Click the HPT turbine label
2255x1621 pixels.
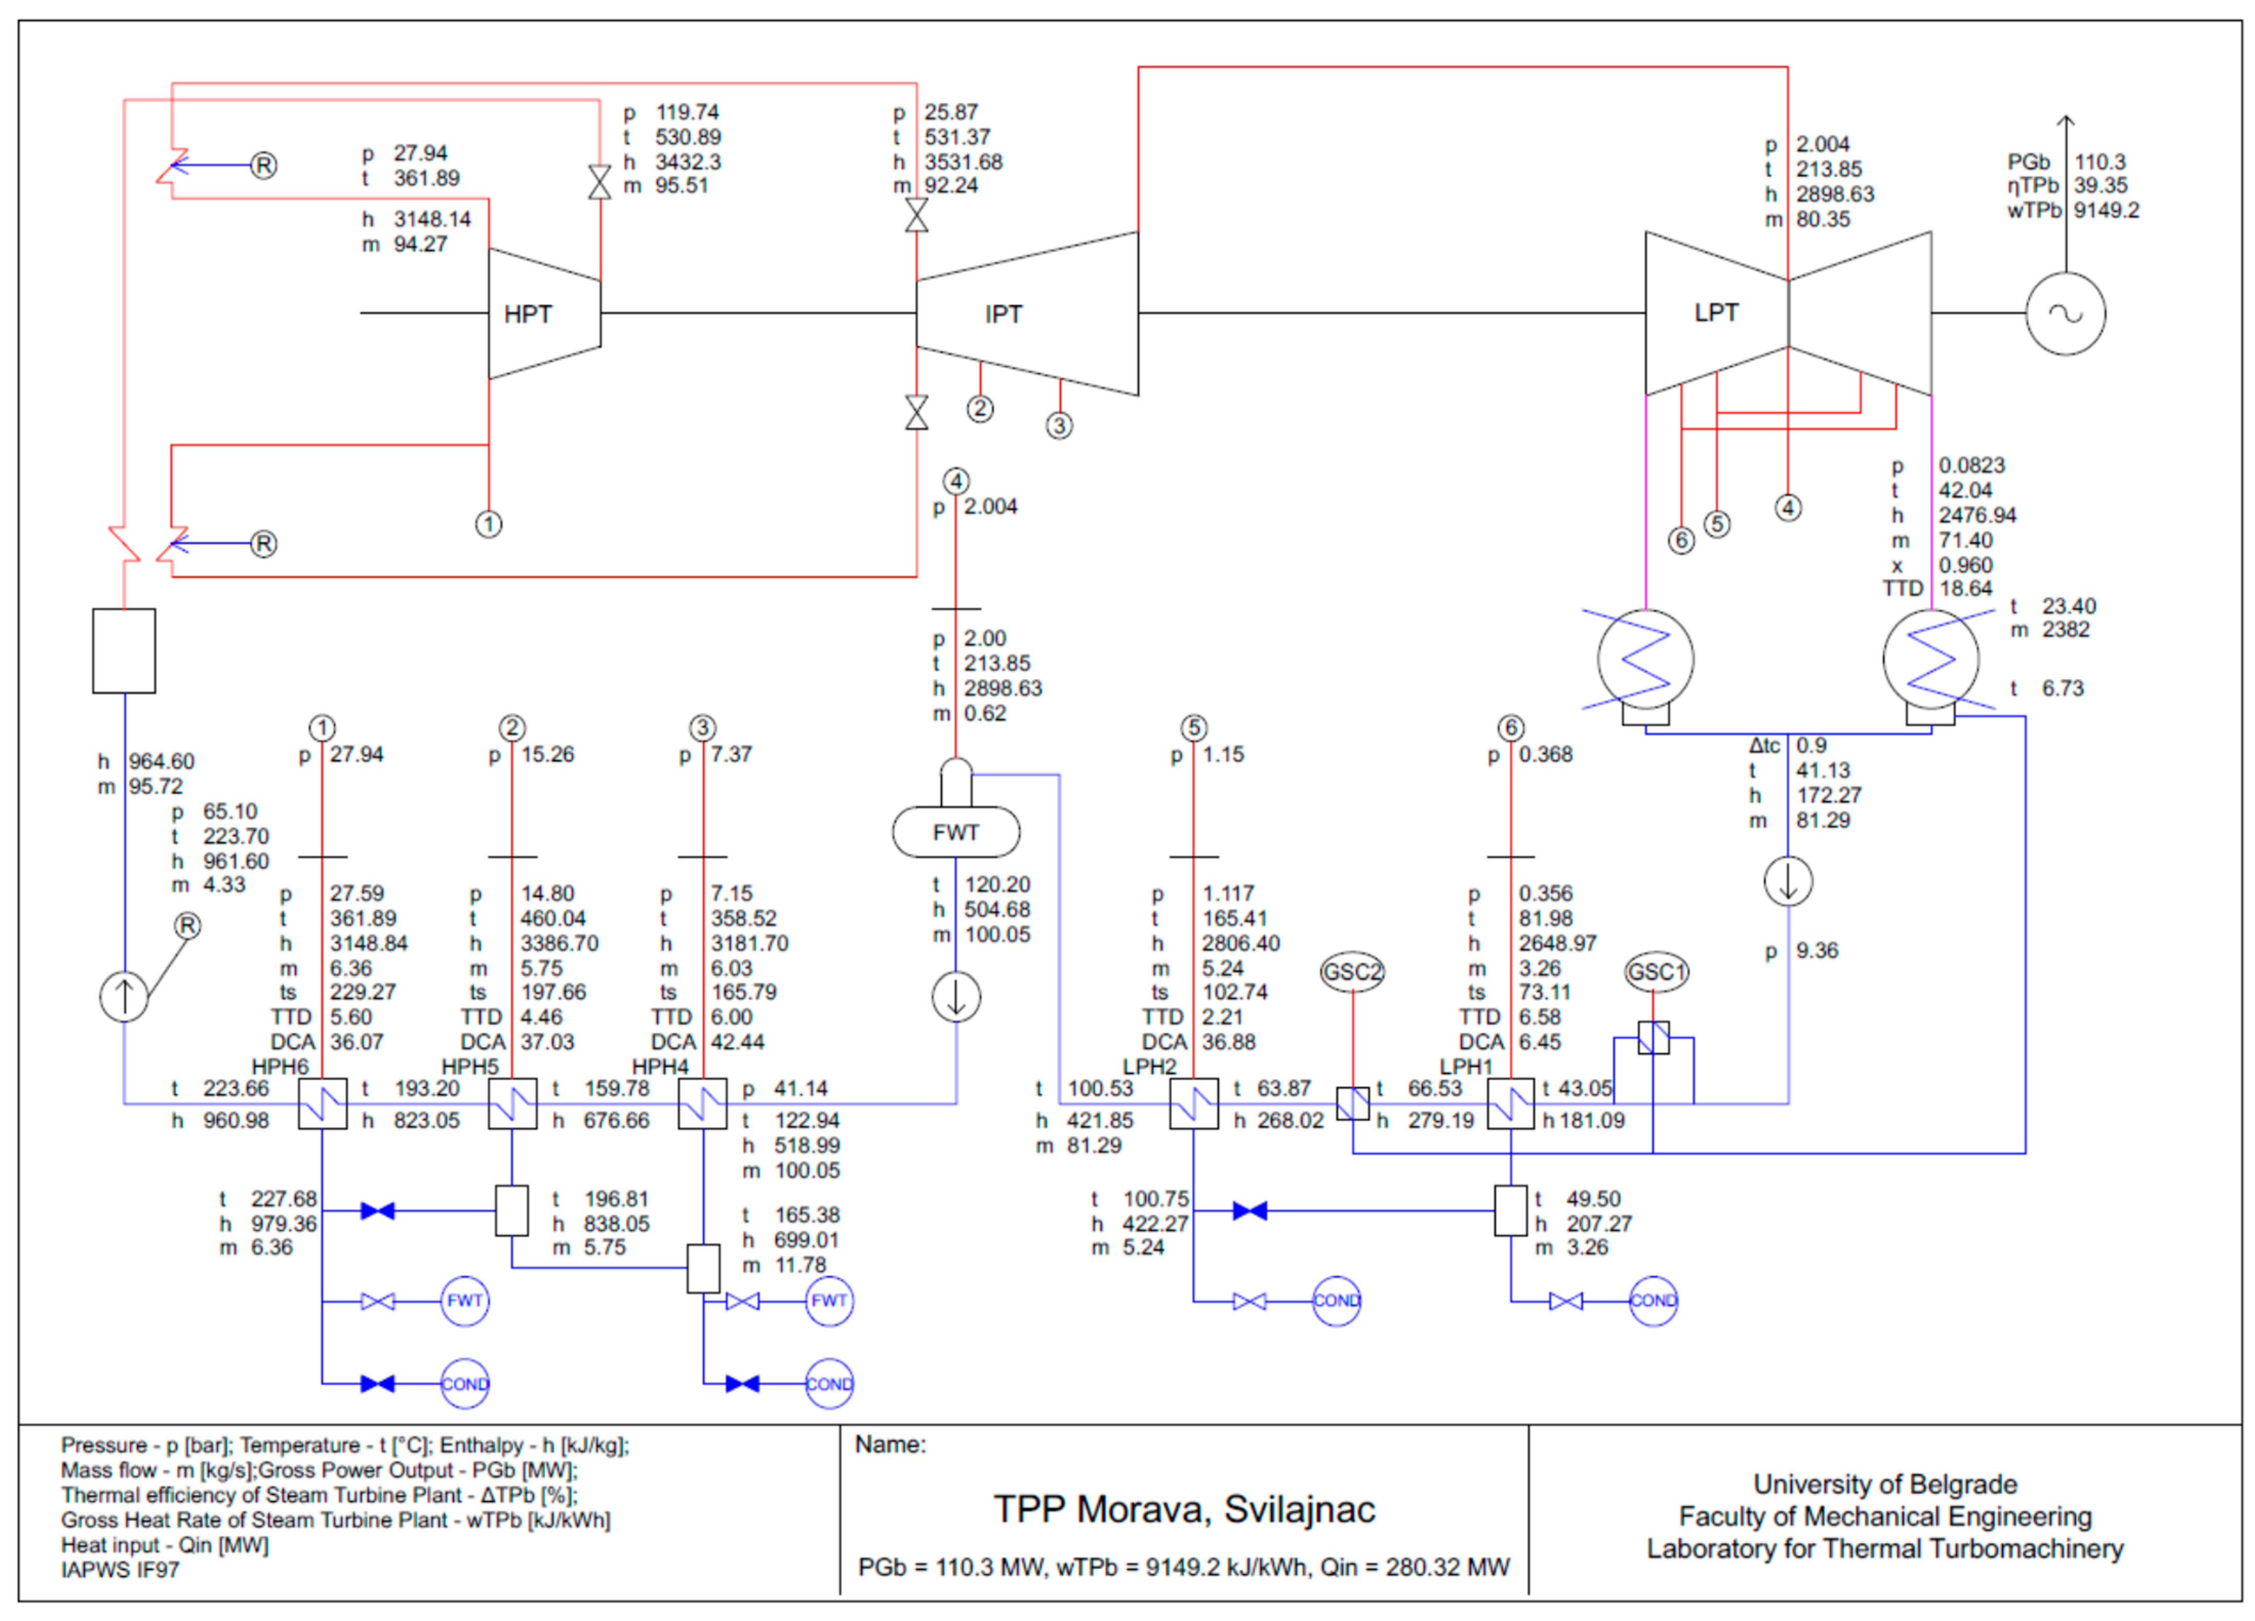coord(527,314)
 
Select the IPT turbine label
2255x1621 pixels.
coord(1003,314)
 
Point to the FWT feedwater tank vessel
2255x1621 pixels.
coord(956,832)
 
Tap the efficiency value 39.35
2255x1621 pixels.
coord(2100,186)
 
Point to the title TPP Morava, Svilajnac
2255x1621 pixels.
coord(1184,1509)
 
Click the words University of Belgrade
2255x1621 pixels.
coord(1885,1484)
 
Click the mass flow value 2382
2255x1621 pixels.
coord(2065,629)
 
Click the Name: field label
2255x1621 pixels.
coord(890,1444)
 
